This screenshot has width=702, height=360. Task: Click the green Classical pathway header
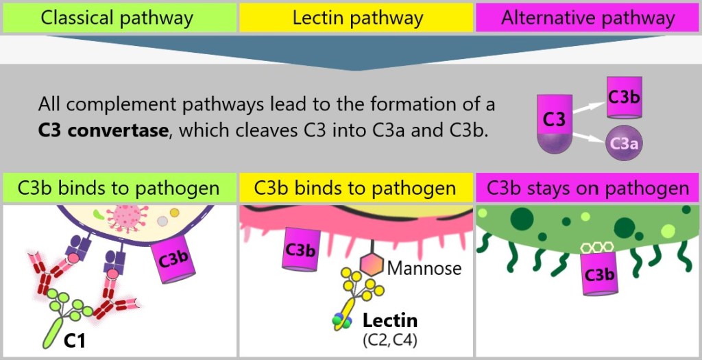(117, 18)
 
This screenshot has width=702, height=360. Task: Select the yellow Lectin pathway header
(357, 18)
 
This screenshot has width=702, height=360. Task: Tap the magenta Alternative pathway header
(588, 18)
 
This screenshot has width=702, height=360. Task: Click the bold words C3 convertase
(103, 130)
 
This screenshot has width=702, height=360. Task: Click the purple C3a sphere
(624, 143)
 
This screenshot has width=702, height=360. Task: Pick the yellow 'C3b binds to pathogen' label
(355, 188)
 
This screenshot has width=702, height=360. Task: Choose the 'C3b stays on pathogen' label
(588, 188)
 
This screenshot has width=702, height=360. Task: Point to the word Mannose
(424, 268)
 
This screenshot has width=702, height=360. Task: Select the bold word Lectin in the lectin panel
(390, 320)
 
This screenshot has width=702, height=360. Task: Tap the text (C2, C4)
(389, 339)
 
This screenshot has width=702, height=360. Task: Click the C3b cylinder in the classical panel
(173, 260)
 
